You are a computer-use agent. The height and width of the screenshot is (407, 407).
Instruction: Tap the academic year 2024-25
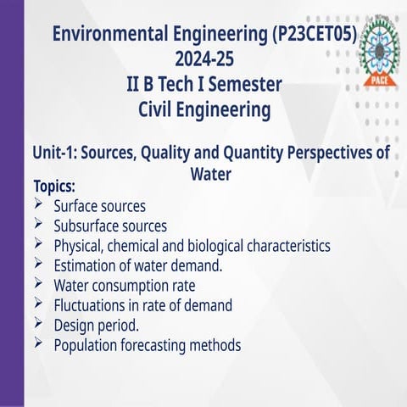coord(203,60)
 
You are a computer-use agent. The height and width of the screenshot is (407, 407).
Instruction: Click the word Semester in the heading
coord(243,86)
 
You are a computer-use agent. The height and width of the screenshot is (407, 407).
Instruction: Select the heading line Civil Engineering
coord(203,110)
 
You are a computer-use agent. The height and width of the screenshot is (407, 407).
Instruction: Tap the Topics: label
coord(54,186)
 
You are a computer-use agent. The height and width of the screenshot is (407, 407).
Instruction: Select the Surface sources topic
coord(99,206)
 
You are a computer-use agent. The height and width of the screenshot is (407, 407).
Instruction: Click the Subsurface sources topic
coord(110,226)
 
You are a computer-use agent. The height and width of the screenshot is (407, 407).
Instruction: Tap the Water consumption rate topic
coord(125,286)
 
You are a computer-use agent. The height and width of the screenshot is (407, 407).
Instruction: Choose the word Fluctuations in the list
coord(90,305)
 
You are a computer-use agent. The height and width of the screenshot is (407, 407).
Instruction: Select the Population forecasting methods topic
coord(148,345)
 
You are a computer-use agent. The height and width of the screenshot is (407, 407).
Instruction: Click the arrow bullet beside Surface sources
coord(40,204)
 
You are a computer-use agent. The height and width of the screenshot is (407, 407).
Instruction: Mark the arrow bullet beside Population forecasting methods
coord(40,343)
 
